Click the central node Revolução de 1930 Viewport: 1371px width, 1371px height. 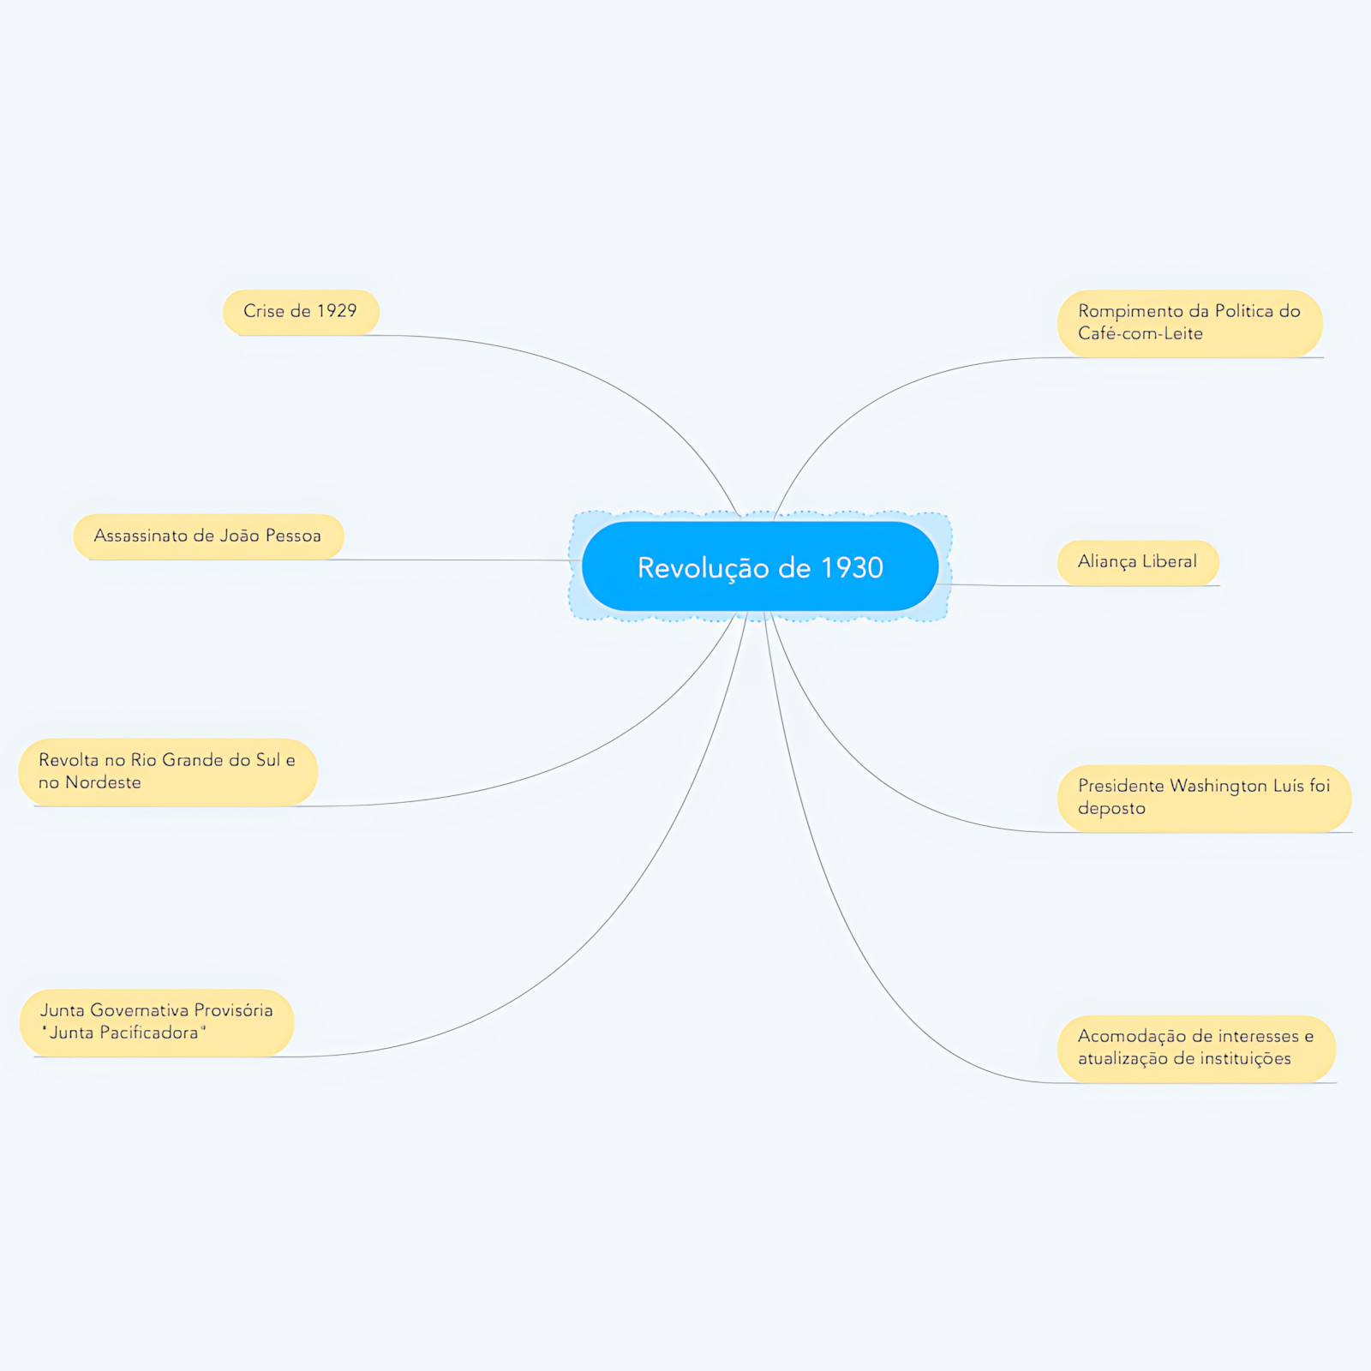point(760,566)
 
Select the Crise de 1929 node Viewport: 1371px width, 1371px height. point(301,312)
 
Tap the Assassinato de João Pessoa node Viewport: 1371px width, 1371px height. point(208,536)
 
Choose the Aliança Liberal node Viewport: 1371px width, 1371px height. point(1138,562)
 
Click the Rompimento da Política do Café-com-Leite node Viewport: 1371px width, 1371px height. point(1190,323)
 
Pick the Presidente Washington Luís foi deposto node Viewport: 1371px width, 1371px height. point(1204,798)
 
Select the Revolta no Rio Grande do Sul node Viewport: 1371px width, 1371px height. point(168,772)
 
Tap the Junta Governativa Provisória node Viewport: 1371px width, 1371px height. point(157,1022)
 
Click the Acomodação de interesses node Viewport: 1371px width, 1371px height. point(1196,1048)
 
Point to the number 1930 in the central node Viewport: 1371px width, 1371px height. point(852,567)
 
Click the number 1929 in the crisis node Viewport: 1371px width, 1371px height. point(337,310)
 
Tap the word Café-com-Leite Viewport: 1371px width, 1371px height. point(1141,333)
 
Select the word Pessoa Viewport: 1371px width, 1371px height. point(293,536)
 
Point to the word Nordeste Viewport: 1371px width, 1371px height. point(103,782)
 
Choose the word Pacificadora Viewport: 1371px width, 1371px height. point(124,1033)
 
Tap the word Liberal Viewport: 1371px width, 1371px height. point(1170,561)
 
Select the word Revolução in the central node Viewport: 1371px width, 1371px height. point(703,568)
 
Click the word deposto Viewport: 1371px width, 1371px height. point(1111,809)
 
